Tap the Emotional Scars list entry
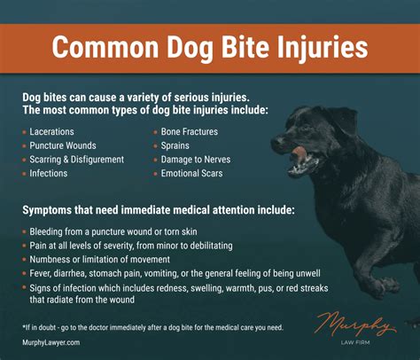(194, 174)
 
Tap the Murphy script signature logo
(354, 320)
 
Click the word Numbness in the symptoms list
(51, 258)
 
